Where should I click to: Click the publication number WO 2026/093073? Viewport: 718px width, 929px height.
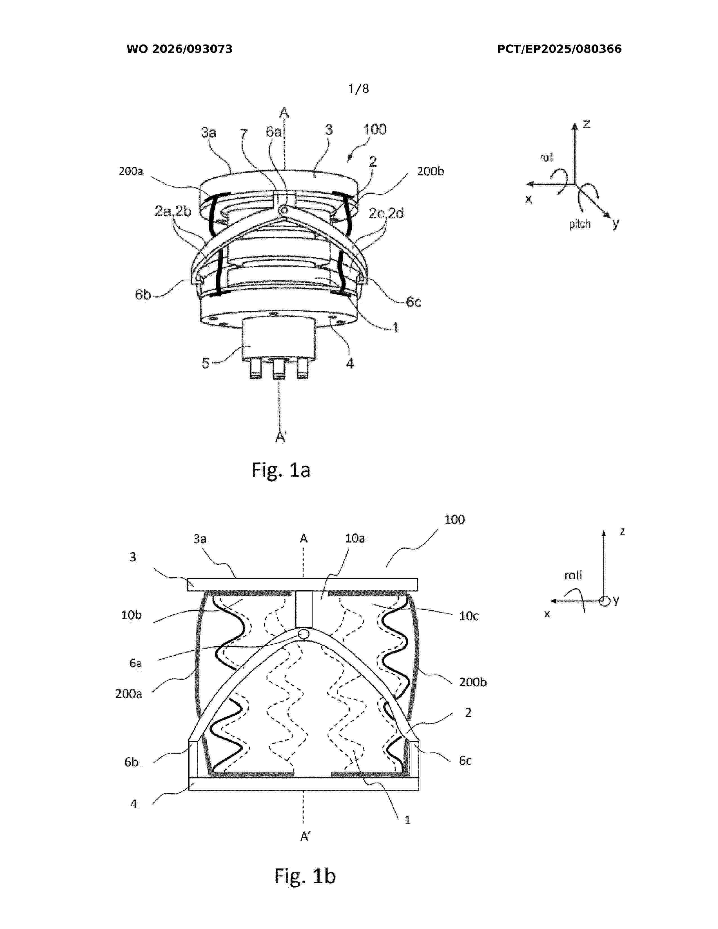[180, 49]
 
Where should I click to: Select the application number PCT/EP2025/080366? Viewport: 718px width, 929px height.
[559, 49]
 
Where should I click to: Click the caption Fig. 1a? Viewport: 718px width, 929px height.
[281, 470]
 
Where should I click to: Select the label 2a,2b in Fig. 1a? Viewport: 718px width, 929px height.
[173, 211]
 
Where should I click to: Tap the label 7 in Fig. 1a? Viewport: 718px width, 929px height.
[244, 134]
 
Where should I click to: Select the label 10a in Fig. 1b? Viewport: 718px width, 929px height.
[355, 539]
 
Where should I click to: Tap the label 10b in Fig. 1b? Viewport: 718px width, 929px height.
[131, 615]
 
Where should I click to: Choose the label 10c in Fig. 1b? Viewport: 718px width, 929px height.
[469, 616]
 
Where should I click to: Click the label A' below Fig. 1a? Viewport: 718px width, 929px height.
[281, 437]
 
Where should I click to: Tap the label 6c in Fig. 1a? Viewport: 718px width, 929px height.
[413, 302]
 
